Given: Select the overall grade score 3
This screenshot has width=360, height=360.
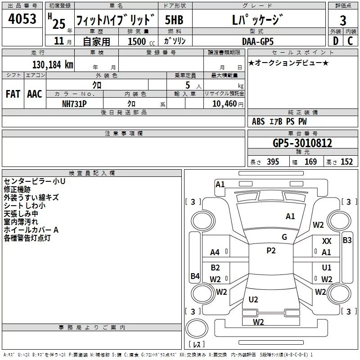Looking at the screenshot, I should point(343,21).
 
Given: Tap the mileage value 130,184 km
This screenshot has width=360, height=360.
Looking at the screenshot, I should point(53,64).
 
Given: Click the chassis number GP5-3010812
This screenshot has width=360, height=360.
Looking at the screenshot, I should point(302,144).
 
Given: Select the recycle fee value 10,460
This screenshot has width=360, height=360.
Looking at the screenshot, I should point(224,103).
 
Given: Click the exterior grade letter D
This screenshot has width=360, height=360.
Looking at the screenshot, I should point(335,41).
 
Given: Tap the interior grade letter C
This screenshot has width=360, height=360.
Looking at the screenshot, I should point(350,41).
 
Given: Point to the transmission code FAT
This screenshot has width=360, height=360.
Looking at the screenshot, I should point(13,94).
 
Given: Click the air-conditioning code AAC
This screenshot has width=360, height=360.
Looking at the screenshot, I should point(34,94).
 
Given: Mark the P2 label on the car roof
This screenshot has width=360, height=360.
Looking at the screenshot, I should point(271,251).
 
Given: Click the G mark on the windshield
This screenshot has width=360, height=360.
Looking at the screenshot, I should point(284,237).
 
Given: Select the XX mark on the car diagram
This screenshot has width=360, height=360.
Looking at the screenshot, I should point(327,242).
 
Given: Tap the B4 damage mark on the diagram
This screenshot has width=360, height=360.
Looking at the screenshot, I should point(195,276).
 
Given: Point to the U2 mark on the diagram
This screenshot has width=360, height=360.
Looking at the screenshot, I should point(253,299).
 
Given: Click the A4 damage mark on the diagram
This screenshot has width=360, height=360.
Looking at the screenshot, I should point(215,252).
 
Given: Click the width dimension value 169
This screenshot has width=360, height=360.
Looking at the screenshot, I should point(311,162).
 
